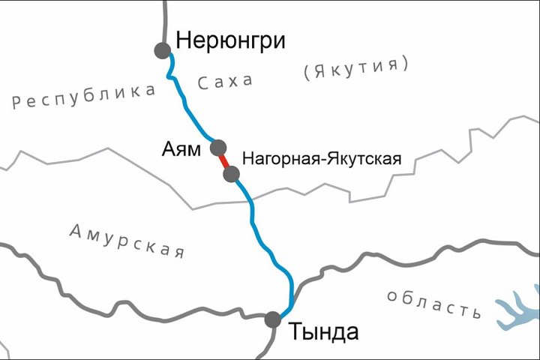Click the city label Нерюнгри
click(230, 40)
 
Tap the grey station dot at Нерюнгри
click(162, 50)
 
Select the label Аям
click(181, 148)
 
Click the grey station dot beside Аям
click(218, 146)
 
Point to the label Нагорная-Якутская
click(322, 159)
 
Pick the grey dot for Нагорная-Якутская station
click(231, 175)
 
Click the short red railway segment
click(224, 160)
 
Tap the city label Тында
click(323, 331)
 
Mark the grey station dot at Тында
click(273, 320)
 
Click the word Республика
click(84, 97)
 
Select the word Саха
click(225, 81)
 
